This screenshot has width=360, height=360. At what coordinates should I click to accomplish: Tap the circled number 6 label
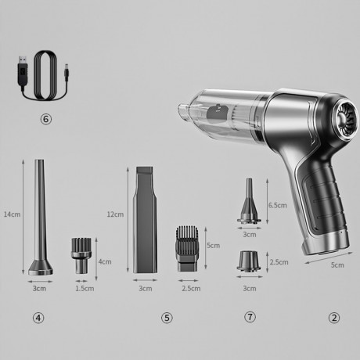click(45, 119)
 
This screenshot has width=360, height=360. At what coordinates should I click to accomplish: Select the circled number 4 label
click(39, 317)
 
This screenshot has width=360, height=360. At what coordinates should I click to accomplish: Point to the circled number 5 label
click(167, 317)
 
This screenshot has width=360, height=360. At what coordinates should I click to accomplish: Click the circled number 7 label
click(250, 317)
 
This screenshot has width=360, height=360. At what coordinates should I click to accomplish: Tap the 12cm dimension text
click(115, 214)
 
